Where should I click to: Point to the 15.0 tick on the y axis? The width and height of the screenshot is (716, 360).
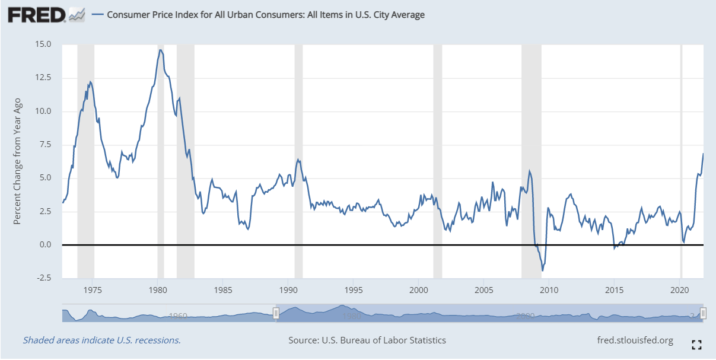(43, 44)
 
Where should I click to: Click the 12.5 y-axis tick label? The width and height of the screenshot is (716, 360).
(43, 78)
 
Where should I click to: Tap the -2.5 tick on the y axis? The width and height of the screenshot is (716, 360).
(43, 278)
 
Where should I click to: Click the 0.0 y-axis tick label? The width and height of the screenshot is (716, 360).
(44, 244)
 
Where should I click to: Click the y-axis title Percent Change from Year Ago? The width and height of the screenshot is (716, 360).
(17, 161)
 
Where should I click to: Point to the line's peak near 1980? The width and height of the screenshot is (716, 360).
(160, 50)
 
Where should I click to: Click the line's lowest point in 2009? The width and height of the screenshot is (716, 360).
(542, 271)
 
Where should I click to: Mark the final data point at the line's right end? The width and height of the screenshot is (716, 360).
(703, 154)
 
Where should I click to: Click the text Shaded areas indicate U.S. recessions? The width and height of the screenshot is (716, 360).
(101, 340)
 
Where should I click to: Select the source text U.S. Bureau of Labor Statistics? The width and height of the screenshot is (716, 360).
(367, 340)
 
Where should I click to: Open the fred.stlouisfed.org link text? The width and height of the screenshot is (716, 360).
(635, 340)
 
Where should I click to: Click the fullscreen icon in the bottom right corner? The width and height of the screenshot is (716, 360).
(697, 344)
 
